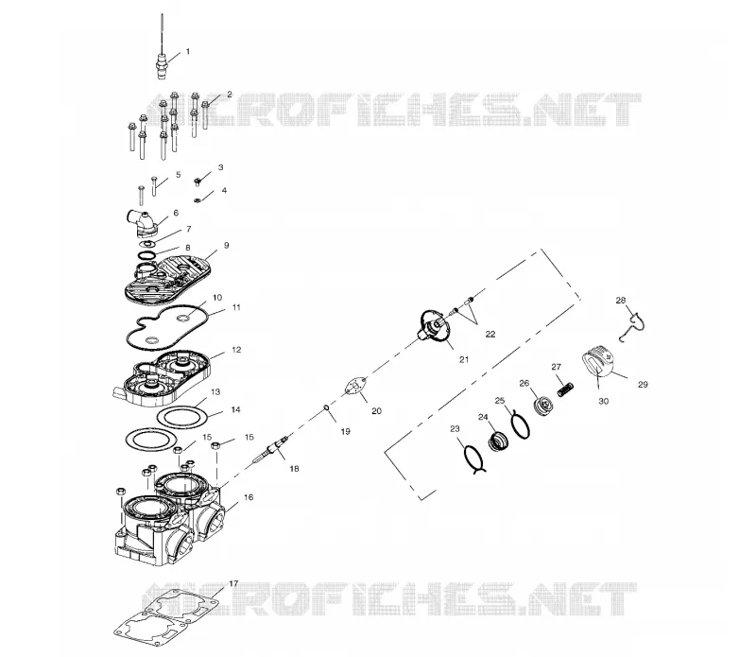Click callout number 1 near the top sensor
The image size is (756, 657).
[x=188, y=52]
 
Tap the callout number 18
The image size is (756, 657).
[x=294, y=468]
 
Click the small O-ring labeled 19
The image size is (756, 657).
[x=326, y=409]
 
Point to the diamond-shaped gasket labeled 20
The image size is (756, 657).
[x=356, y=387]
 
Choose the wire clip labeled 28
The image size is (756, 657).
[x=632, y=325]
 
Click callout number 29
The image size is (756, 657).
[x=643, y=385]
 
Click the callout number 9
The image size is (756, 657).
[x=227, y=245]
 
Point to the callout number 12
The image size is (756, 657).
[x=236, y=350]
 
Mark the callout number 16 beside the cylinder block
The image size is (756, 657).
[x=249, y=497]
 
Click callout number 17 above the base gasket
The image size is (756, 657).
[x=233, y=583]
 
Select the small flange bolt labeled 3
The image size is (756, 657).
[x=198, y=182]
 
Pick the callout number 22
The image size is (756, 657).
[x=490, y=334]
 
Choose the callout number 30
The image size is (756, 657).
[x=603, y=401]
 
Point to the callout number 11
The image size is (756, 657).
[x=236, y=307]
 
